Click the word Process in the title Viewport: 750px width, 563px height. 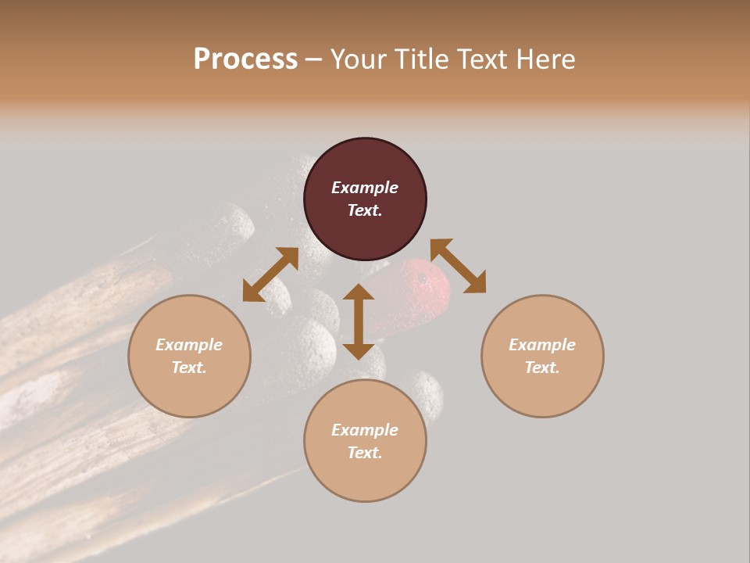click(245, 59)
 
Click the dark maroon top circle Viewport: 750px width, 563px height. click(365, 199)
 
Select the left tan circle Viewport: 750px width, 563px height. click(189, 356)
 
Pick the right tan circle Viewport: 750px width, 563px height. click(542, 356)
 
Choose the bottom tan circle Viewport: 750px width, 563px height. click(365, 441)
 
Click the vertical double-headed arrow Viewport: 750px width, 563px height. click(359, 321)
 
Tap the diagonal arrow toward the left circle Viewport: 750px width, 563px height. click(270, 274)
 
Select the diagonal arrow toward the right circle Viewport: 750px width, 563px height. click(459, 266)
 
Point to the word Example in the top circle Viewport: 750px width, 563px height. click(365, 188)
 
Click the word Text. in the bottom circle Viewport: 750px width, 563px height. click(365, 453)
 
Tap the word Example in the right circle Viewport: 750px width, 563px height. click(542, 345)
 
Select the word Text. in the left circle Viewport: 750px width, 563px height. click(189, 368)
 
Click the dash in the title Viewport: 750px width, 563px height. click(314, 60)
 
